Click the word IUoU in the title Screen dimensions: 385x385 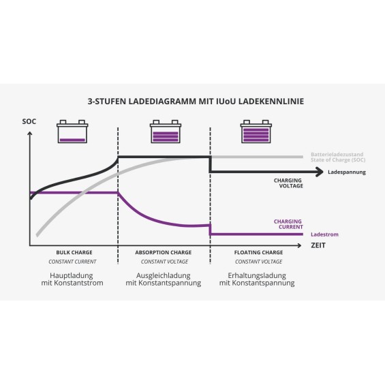[226, 101]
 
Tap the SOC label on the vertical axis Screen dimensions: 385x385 [29, 121]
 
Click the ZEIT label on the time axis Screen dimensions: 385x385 [318, 245]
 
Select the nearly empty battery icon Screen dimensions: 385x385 [72, 132]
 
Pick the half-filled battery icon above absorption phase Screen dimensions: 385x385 [166, 132]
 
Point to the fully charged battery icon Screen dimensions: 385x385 [256, 132]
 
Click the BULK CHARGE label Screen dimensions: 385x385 [74, 252]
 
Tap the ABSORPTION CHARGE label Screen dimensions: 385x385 [164, 252]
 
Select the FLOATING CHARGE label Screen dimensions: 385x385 [258, 252]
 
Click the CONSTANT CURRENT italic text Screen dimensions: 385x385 [72, 262]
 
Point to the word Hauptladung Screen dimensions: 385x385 [72, 275]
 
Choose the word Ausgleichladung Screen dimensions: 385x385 [164, 275]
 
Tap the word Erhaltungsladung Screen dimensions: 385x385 [257, 275]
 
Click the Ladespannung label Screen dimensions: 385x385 [347, 172]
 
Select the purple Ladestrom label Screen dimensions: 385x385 [324, 234]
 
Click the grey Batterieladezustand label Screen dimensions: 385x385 [337, 155]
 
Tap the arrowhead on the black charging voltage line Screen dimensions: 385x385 [320, 172]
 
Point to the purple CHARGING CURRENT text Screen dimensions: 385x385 [288, 224]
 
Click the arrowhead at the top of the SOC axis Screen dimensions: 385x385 [30, 134]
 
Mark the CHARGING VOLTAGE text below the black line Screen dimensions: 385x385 [288, 183]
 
